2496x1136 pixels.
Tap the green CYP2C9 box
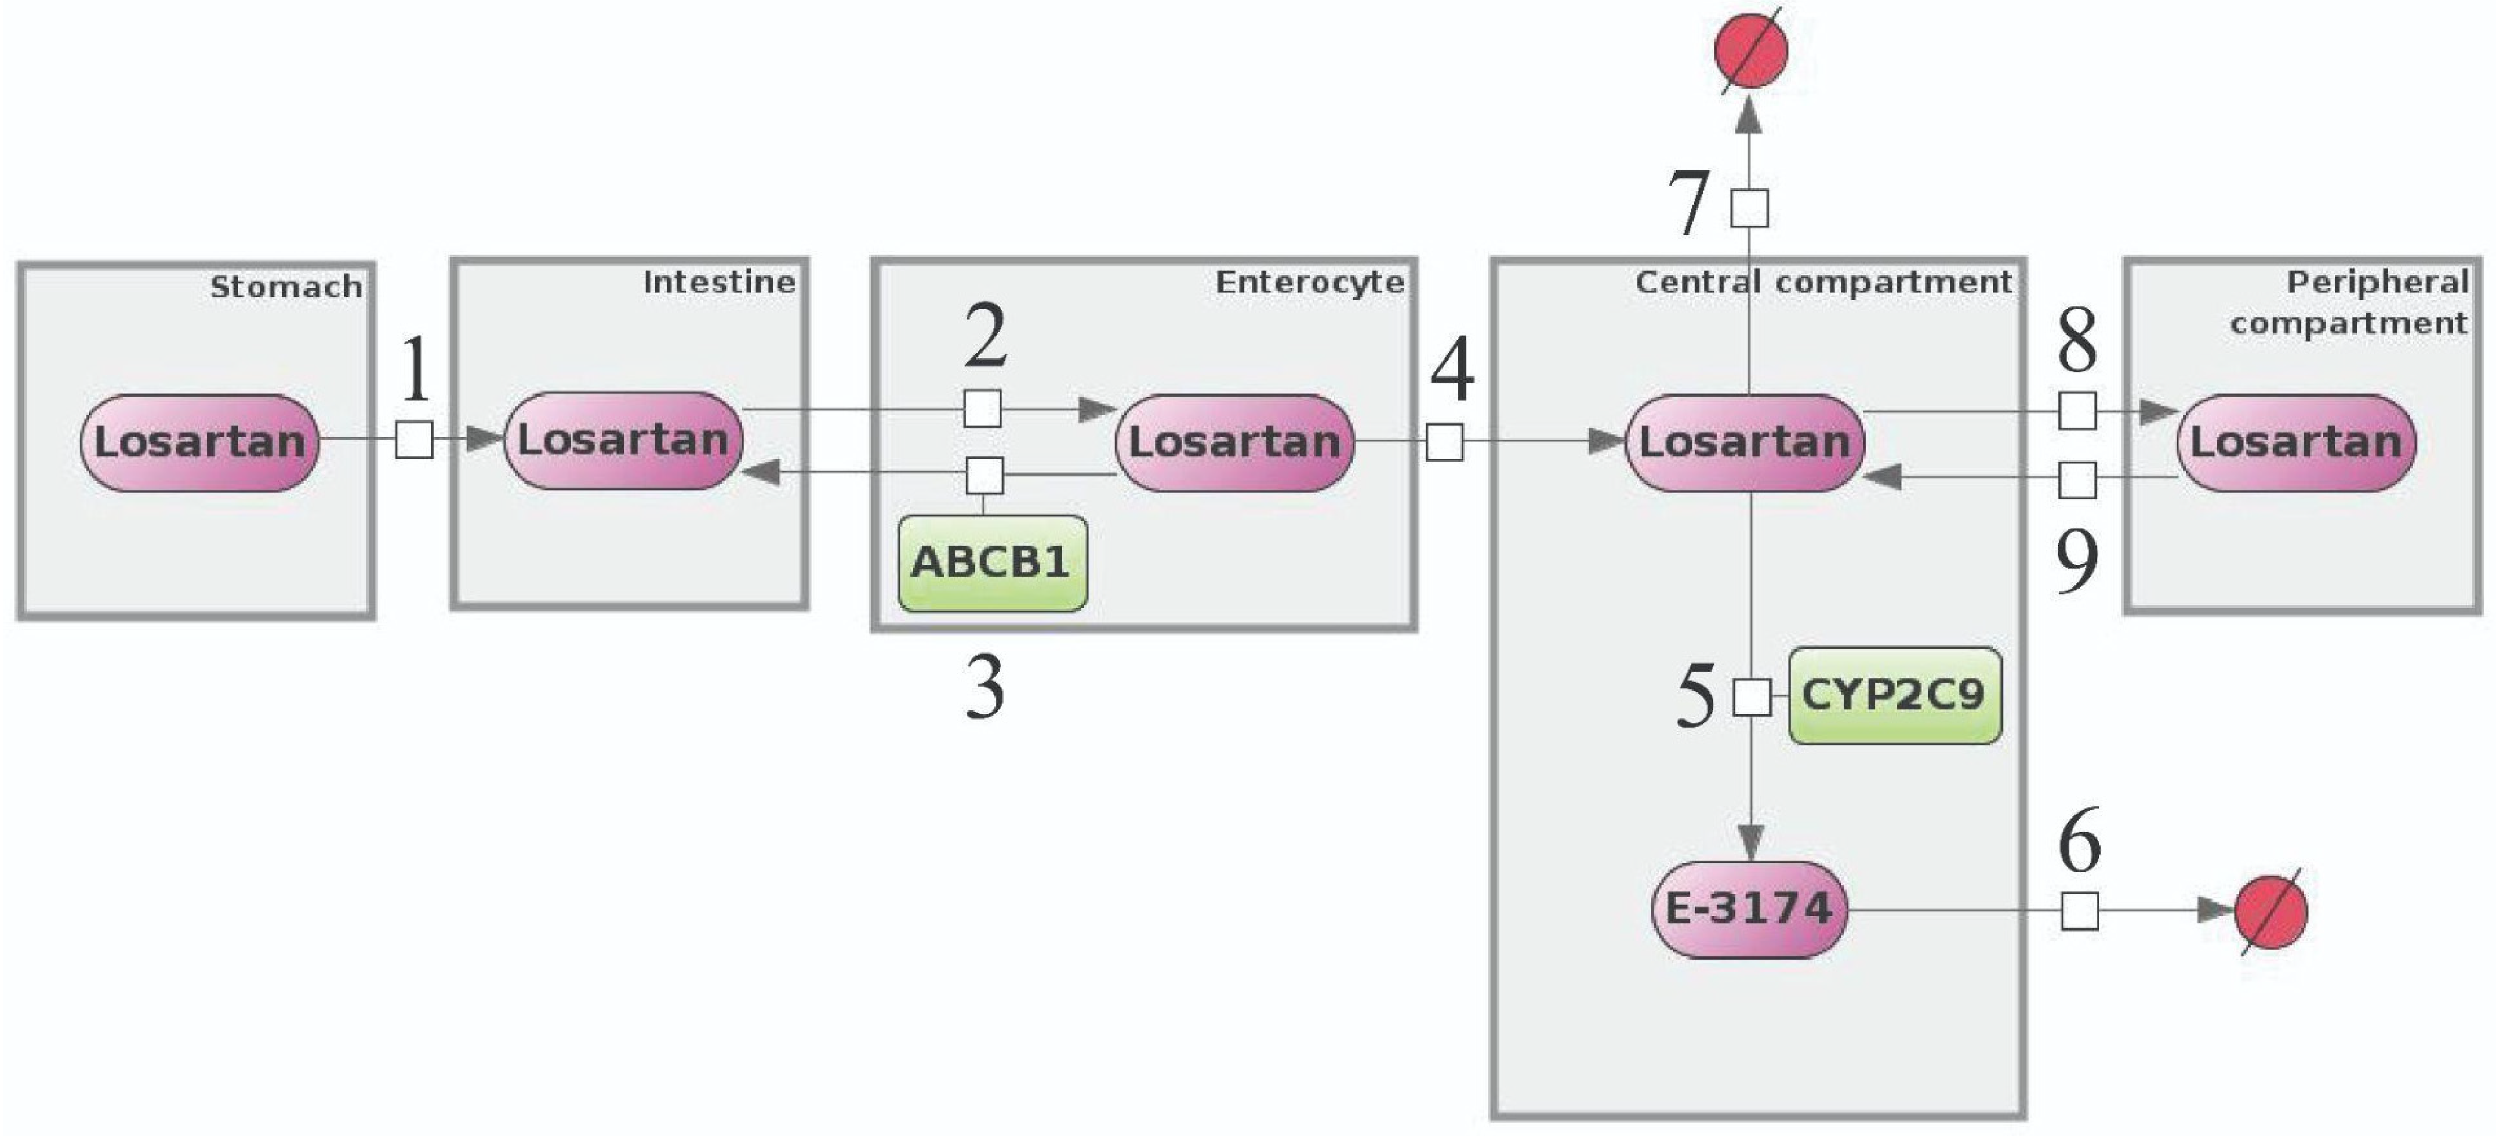(x=1894, y=695)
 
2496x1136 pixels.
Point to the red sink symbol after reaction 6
(x=2270, y=911)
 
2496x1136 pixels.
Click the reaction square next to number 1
(x=415, y=439)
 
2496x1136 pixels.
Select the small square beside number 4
(x=1445, y=443)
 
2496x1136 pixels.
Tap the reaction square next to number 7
(x=1749, y=208)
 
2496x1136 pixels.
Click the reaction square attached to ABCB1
(x=984, y=475)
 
